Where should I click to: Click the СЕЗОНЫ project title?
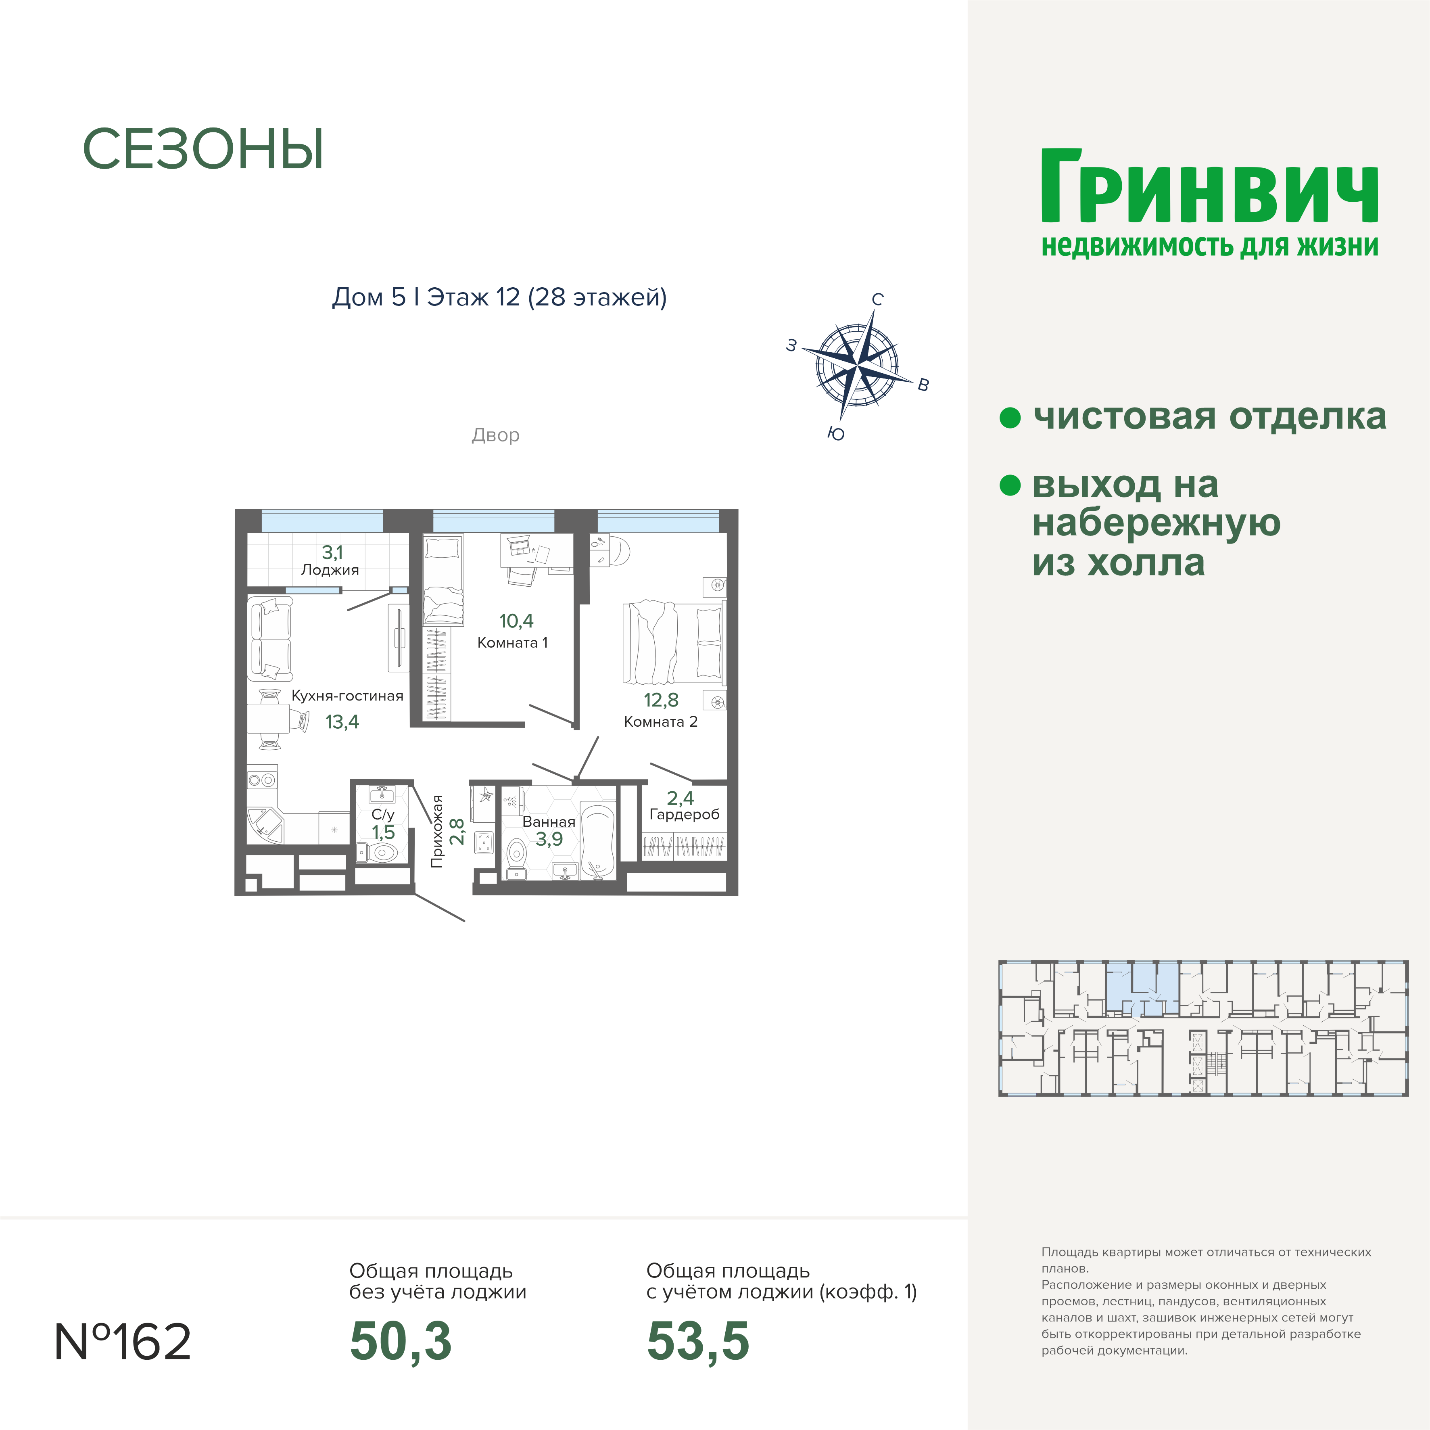[203, 150]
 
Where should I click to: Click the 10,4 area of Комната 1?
[516, 621]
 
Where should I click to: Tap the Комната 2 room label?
[660, 721]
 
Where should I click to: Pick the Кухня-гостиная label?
[347, 695]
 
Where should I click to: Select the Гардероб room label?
[684, 815]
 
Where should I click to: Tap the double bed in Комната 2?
[672, 642]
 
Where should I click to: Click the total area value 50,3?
[401, 1342]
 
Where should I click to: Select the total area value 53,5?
[698, 1342]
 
